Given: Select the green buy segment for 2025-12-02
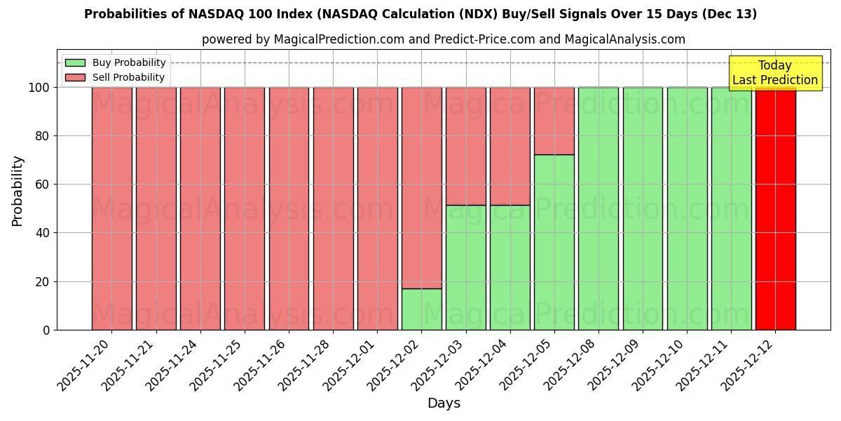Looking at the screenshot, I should click(x=421, y=309).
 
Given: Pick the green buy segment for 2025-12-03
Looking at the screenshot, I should click(x=465, y=267).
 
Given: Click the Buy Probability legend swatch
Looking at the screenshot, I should click(x=75, y=63).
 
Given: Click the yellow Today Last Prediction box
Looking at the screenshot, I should click(x=775, y=73).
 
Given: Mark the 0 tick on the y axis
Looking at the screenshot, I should click(x=46, y=330).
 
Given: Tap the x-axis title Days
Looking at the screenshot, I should click(x=444, y=403).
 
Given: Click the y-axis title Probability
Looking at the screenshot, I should click(x=18, y=191).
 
